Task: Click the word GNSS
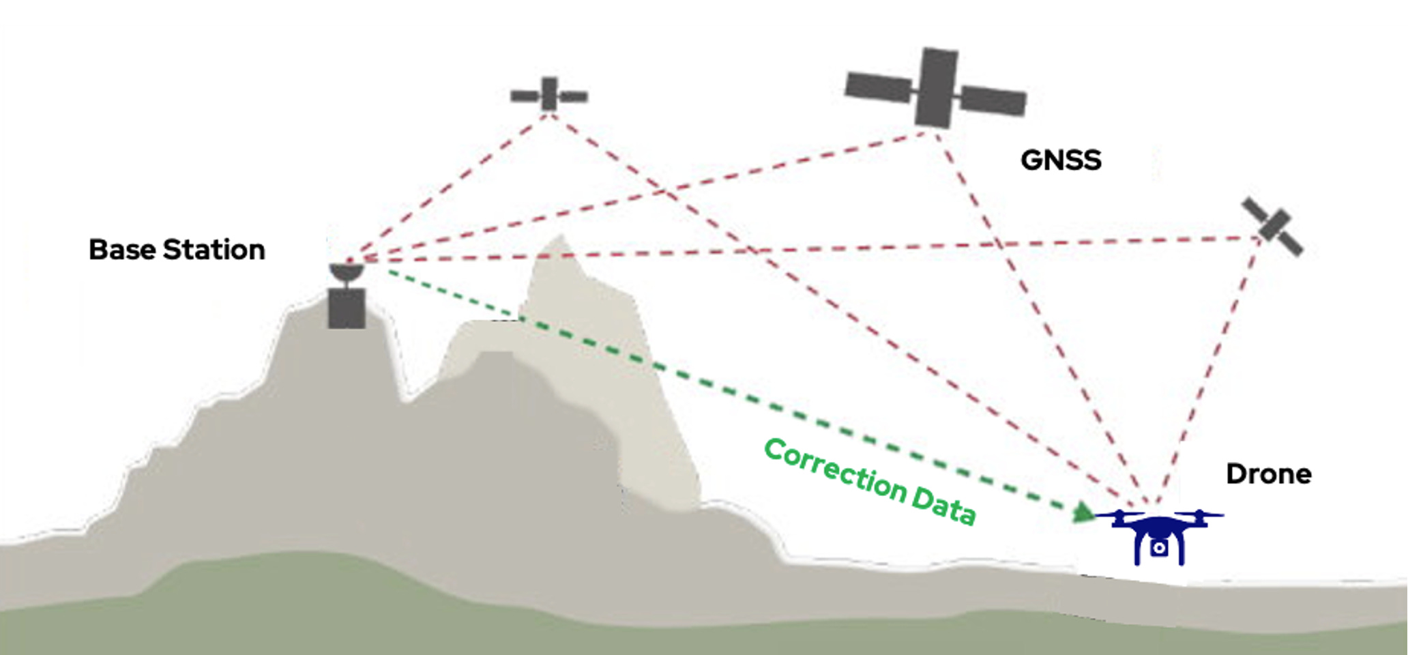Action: tap(1060, 160)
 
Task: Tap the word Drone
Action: tap(1268, 474)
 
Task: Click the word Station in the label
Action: tap(214, 250)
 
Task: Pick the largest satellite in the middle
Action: tap(935, 89)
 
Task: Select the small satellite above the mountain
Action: tap(549, 95)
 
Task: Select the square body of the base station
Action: tap(347, 308)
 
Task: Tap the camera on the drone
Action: tap(1158, 548)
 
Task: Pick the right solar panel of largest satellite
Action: tap(993, 101)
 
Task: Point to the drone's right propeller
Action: tap(1199, 514)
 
